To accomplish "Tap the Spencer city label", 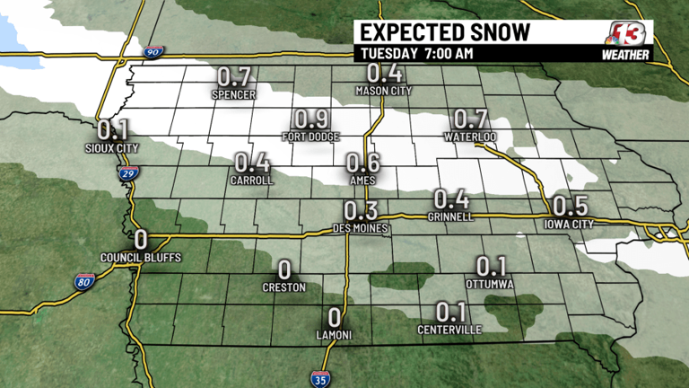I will click(x=235, y=94).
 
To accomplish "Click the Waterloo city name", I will click(x=470, y=137).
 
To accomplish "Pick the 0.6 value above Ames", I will click(x=362, y=162).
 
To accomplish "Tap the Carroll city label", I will click(x=251, y=180).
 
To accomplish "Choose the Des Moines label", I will click(x=360, y=229).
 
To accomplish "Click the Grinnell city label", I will click(x=451, y=216).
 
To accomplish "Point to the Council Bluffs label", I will click(x=141, y=258).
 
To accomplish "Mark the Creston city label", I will click(x=284, y=287).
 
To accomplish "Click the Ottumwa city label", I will click(x=490, y=284).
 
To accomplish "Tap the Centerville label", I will click(x=449, y=330).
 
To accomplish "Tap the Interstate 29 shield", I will click(x=131, y=172).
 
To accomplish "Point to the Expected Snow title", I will click(x=444, y=32).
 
